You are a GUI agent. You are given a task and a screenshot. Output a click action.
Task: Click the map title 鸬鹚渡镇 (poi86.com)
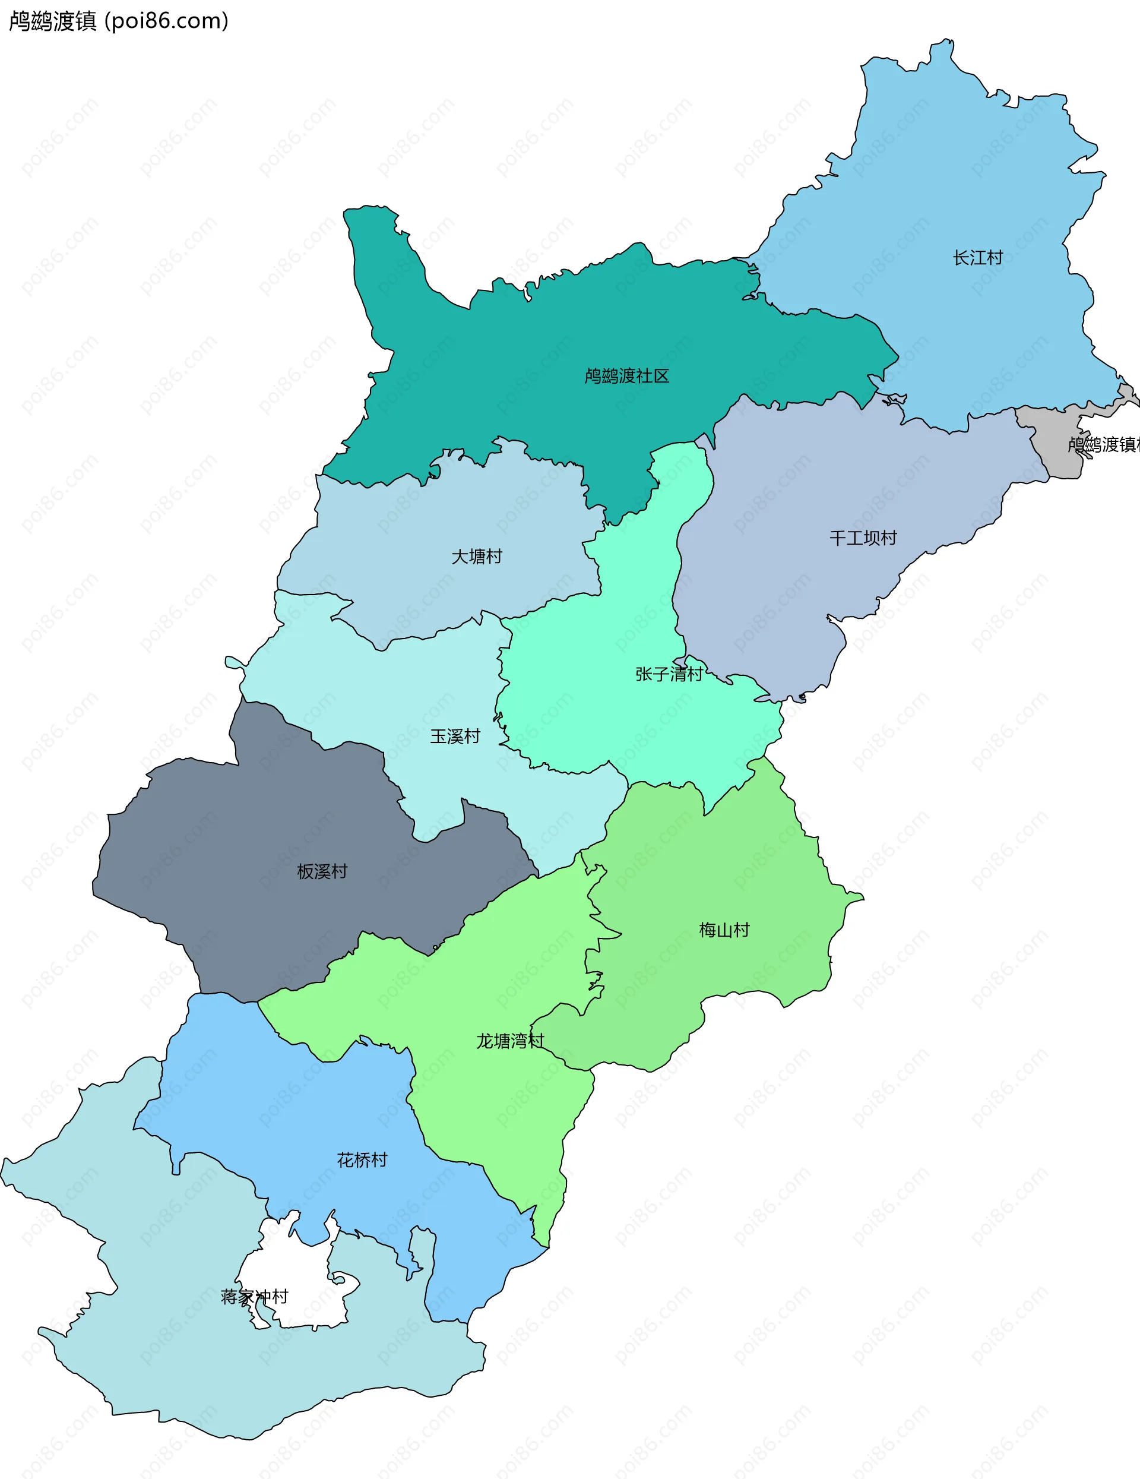pos(119,21)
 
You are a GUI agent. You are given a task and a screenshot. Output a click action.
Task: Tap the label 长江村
pos(977,258)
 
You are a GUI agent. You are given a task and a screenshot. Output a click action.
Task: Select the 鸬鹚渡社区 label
pos(627,377)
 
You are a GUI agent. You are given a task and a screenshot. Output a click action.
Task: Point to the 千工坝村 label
pos(863,538)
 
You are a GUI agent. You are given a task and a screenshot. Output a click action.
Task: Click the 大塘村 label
pos(477,557)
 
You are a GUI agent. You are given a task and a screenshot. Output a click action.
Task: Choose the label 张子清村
pos(669,675)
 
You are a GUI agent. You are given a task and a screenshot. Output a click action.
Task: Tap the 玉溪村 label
pos(455,736)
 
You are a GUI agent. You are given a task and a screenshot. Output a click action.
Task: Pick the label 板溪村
pos(322,871)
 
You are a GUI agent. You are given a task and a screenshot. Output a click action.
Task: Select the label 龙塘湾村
pos(511,1041)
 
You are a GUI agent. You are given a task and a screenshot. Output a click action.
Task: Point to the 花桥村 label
pos(362,1160)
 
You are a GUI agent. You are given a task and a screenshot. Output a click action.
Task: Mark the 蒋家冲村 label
pos(255,1297)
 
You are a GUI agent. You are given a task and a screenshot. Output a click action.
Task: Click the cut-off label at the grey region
pos(1103,445)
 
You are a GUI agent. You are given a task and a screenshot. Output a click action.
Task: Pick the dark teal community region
pos(541,352)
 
